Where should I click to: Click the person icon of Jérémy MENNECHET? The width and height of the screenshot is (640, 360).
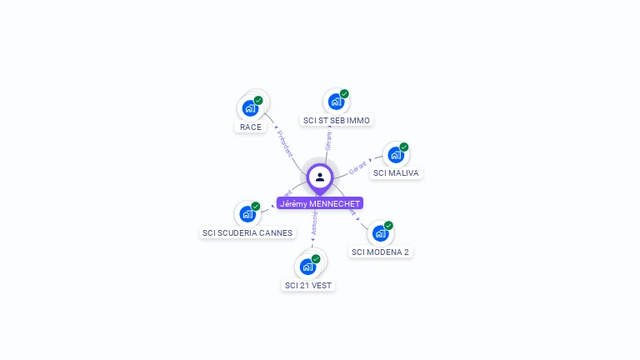(x=320, y=177)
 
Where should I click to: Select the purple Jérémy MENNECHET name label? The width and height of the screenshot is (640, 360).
(x=320, y=203)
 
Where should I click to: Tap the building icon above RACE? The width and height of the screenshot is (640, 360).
(x=249, y=107)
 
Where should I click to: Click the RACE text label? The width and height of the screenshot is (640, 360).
(x=250, y=127)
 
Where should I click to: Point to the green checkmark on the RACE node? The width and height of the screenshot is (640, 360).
(x=258, y=100)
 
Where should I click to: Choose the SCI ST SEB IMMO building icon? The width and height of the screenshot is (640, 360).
(x=335, y=102)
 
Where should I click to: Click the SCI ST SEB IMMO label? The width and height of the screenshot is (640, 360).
(x=337, y=121)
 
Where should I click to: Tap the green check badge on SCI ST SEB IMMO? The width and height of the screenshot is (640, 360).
(x=344, y=94)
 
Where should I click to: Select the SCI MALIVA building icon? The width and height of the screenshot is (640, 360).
(x=395, y=155)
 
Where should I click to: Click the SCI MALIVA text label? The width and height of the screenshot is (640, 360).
(x=396, y=173)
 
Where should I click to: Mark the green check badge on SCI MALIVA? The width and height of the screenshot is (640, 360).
(x=404, y=147)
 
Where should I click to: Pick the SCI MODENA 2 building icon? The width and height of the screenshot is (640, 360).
(x=379, y=232)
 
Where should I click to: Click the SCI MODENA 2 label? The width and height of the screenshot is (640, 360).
(x=380, y=252)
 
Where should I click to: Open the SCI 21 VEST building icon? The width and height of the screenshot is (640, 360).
(x=307, y=267)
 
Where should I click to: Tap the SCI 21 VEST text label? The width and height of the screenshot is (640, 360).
(x=308, y=285)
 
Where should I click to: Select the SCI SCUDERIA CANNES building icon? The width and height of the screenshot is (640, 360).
(x=247, y=213)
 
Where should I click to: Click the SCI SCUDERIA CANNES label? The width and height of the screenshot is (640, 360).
(x=247, y=232)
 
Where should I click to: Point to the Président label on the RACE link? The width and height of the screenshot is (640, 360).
(x=284, y=144)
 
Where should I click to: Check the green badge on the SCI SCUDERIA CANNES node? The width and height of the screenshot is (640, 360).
(x=256, y=206)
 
